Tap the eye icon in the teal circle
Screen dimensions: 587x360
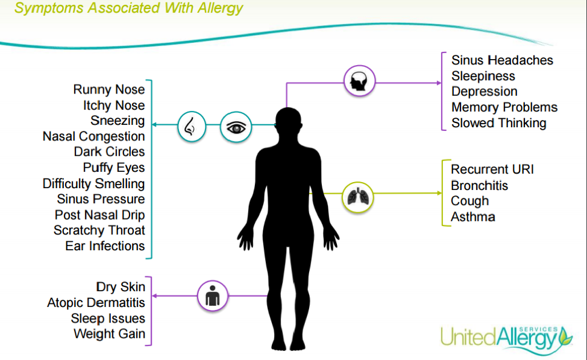(235, 127)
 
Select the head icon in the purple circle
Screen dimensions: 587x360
(359, 81)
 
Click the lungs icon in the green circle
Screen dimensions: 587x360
(358, 197)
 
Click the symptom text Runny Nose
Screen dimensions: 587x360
(109, 89)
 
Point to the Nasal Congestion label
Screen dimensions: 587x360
(93, 136)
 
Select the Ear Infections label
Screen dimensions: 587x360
(105, 246)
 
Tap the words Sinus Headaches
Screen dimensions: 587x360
(502, 60)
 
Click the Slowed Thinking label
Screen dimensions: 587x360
(498, 123)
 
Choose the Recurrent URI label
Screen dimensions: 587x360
(492, 169)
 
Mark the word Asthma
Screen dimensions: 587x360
(473, 216)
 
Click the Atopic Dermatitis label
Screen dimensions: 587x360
(96, 303)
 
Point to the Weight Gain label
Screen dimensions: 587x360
(109, 334)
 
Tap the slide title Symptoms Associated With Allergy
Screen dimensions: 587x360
(128, 8)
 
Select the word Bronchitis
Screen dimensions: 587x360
(479, 185)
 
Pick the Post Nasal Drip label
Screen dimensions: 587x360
(99, 215)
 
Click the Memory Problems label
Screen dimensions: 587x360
(504, 107)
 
